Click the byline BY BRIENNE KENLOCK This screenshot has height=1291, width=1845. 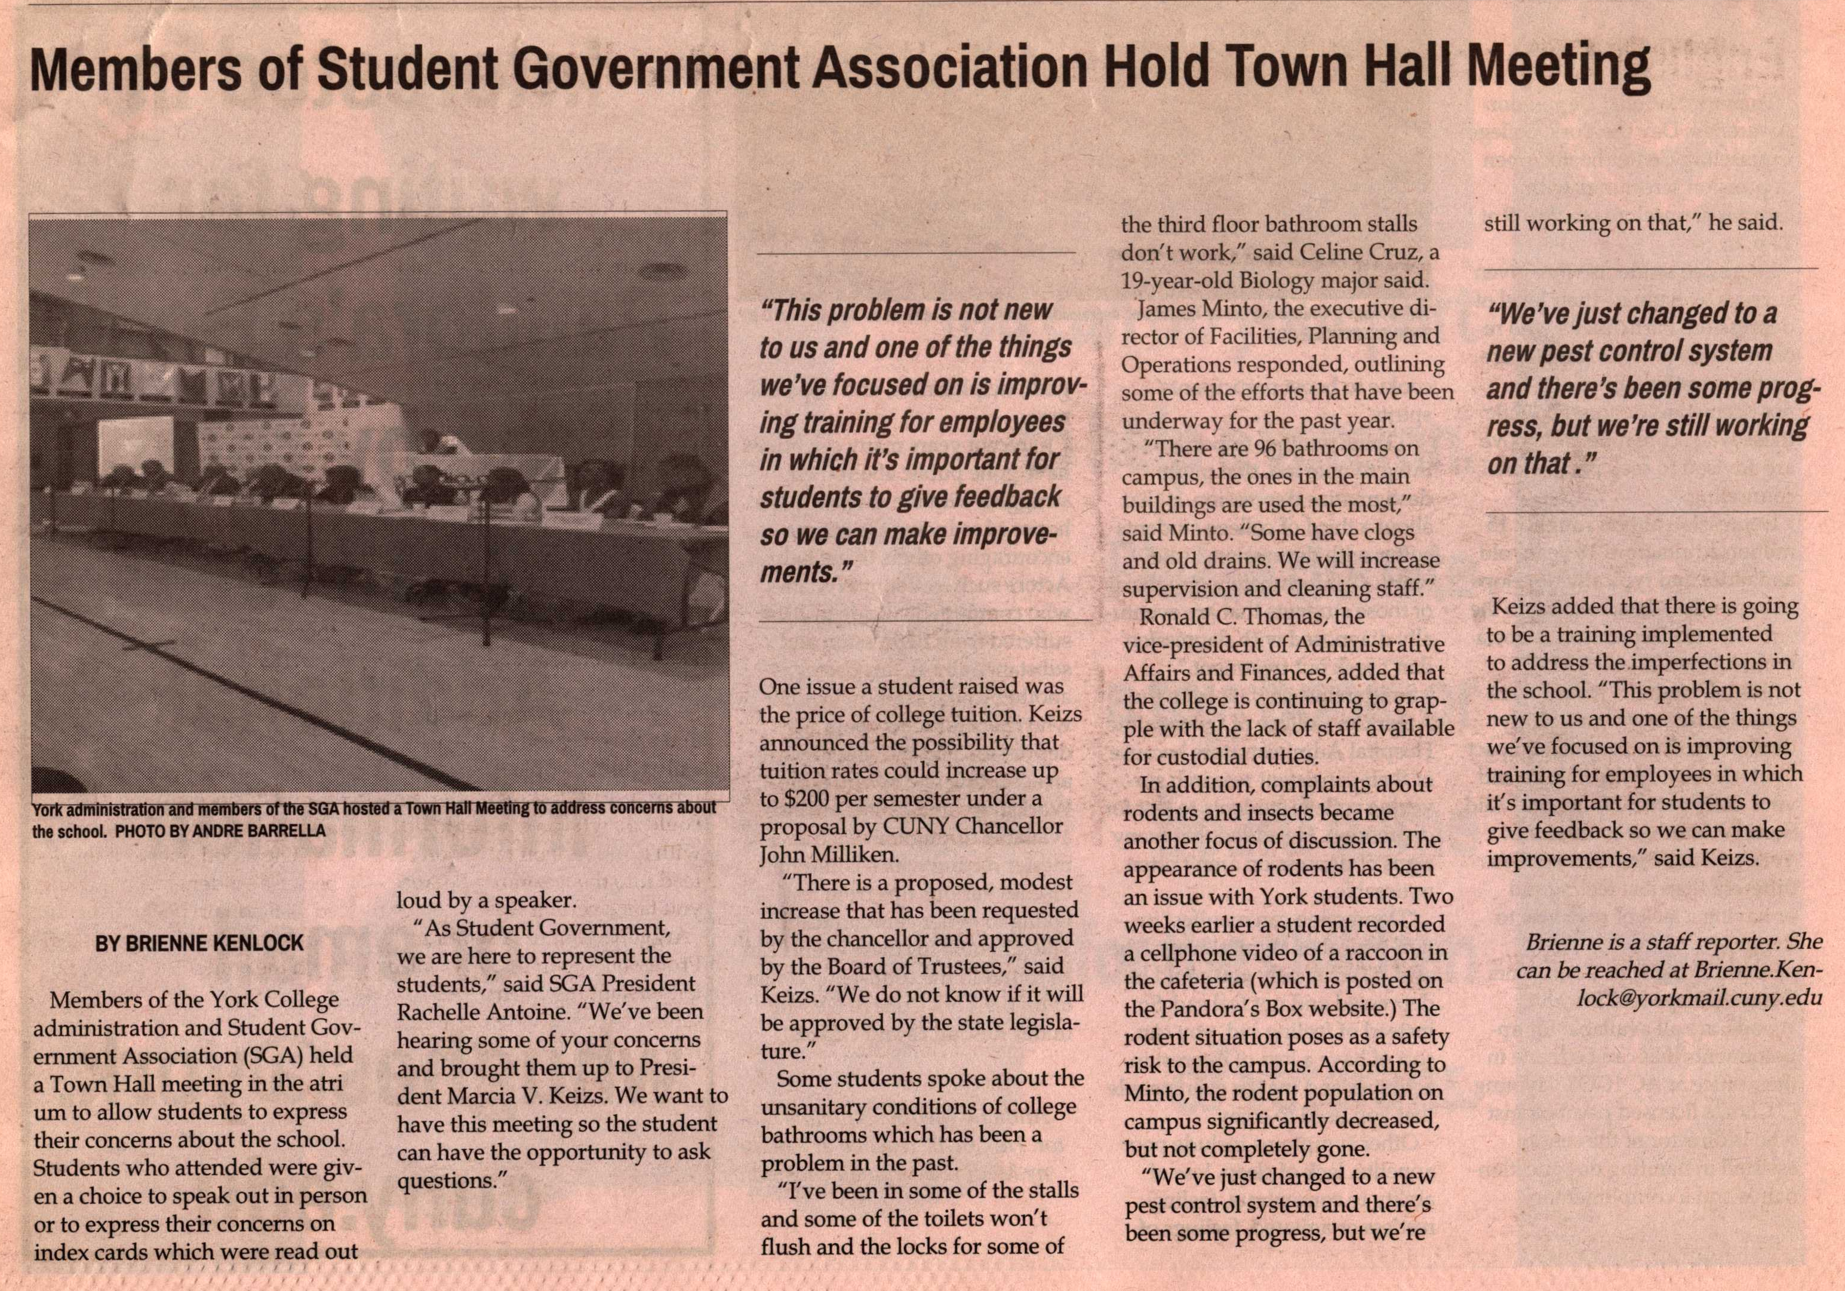199,943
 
